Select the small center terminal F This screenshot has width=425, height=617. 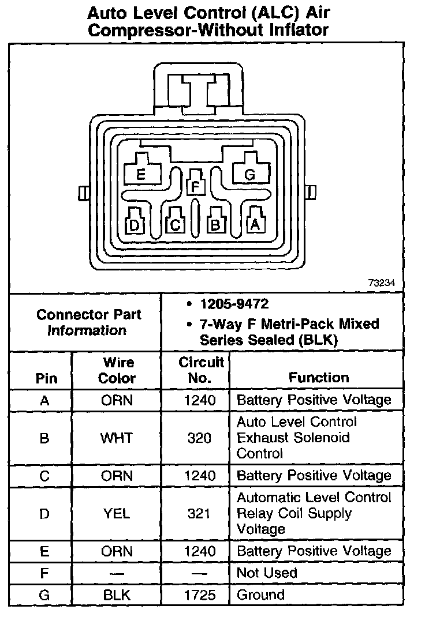tap(196, 186)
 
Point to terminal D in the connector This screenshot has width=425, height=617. tap(135, 224)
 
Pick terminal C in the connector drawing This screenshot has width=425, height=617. tap(176, 224)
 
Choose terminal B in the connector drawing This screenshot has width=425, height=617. tap(215, 224)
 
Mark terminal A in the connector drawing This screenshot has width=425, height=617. tap(255, 224)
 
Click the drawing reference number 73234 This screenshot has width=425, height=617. tap(382, 283)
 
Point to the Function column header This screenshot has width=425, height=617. tap(319, 378)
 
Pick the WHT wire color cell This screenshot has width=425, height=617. tap(117, 438)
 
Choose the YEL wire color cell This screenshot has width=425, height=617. tap(117, 513)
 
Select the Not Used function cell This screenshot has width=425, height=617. tap(267, 573)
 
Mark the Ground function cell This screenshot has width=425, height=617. tap(260, 595)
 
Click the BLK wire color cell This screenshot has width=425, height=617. tap(117, 595)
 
